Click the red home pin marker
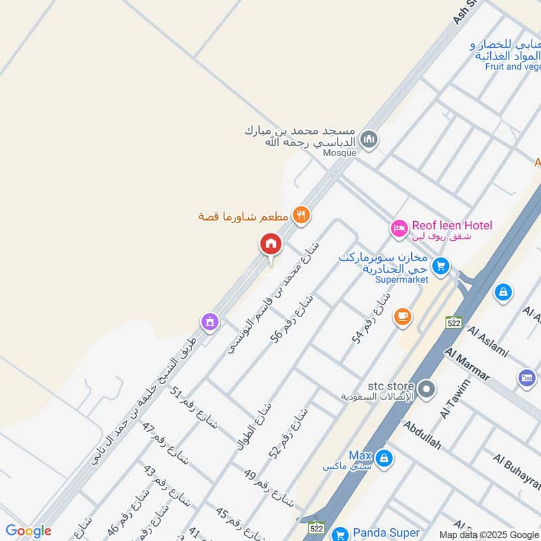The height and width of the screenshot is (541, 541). pyautogui.click(x=270, y=245)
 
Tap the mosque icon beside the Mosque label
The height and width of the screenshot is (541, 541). pyautogui.click(x=369, y=140)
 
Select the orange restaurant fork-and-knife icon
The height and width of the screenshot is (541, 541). pyautogui.click(x=302, y=215)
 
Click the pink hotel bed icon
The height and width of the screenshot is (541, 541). pyautogui.click(x=399, y=229)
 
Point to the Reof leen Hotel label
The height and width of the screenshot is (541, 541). pyautogui.click(x=452, y=225)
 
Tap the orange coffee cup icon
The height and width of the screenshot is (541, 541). pyautogui.click(x=402, y=316)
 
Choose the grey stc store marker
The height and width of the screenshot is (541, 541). pyautogui.click(x=426, y=389)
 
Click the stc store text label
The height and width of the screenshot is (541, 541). pyautogui.click(x=389, y=387)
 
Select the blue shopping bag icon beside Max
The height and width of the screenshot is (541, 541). pyautogui.click(x=383, y=458)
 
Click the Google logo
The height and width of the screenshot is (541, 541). pyautogui.click(x=28, y=531)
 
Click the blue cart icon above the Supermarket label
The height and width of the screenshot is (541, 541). pyautogui.click(x=441, y=266)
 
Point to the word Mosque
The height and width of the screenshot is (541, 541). pyautogui.click(x=339, y=153)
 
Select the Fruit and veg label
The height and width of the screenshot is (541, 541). pyautogui.click(x=513, y=66)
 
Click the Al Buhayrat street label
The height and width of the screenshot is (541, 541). pyautogui.click(x=517, y=472)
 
